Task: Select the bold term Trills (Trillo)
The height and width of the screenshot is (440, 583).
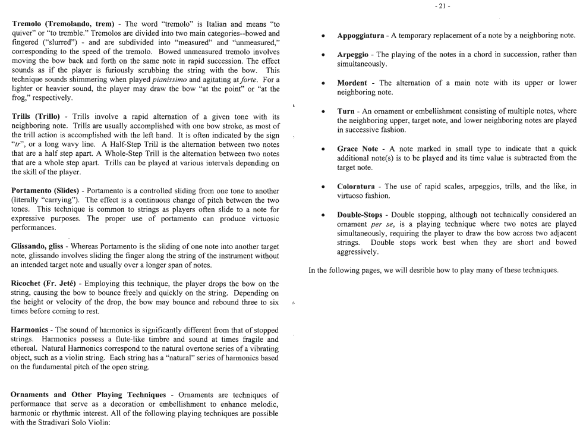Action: pyautogui.click(x=35, y=117)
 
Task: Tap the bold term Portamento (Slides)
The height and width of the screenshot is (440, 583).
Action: pyautogui.click(x=46, y=191)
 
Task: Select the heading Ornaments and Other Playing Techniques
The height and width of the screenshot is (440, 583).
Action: pyautogui.click(x=89, y=395)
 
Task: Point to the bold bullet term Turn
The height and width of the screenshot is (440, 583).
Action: pyautogui.click(x=346, y=111)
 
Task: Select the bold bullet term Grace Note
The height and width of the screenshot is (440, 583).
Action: pyautogui.click(x=357, y=148)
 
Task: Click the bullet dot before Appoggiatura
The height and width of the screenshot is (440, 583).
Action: pyautogui.click(x=322, y=36)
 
